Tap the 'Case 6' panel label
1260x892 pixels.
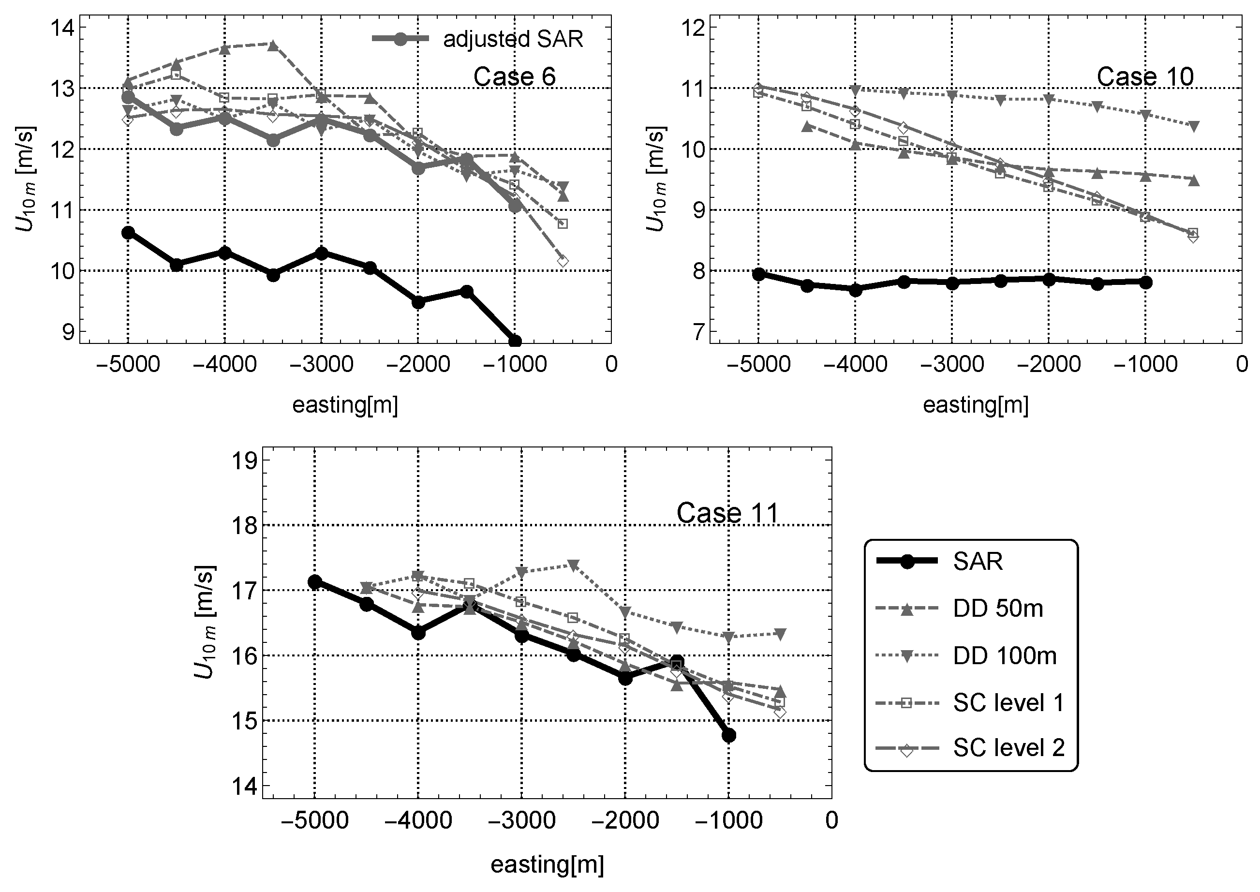pyautogui.click(x=514, y=76)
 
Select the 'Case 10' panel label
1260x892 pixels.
pyautogui.click(x=1145, y=76)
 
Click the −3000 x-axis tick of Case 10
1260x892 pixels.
pyautogui.click(x=952, y=364)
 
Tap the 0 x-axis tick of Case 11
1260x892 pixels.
pyautogui.click(x=831, y=820)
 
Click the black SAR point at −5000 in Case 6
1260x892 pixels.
pyautogui.click(x=128, y=232)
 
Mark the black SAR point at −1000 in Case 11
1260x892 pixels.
pyautogui.click(x=729, y=735)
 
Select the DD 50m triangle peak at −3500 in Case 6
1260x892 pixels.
pyautogui.click(x=273, y=45)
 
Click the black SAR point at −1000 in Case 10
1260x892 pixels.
pyautogui.click(x=1145, y=282)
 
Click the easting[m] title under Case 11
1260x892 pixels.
pyautogui.click(x=547, y=864)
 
